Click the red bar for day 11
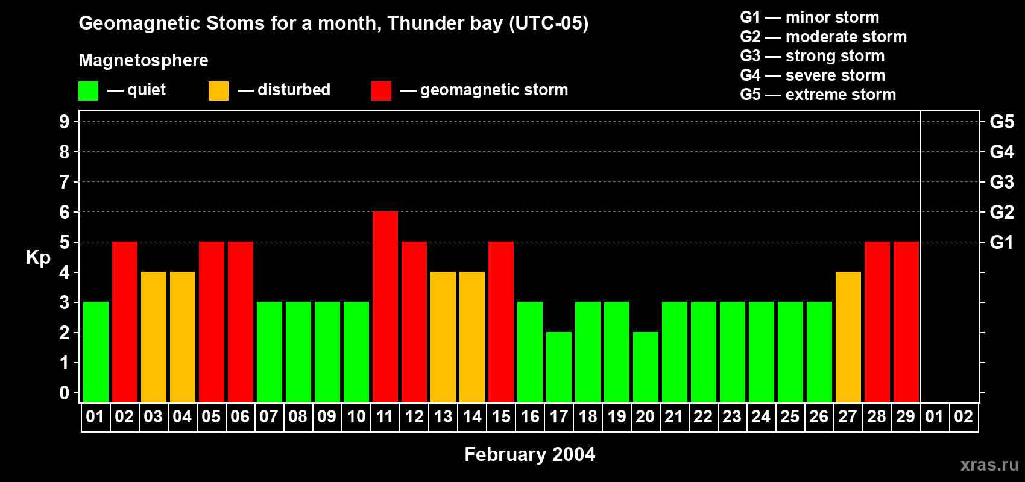385,307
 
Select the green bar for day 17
559,367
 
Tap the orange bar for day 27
848,337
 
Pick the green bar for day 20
646,367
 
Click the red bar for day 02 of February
125,322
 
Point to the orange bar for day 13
443,337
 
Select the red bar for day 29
906,322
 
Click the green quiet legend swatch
88,91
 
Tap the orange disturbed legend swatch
218,91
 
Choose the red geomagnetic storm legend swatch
381,91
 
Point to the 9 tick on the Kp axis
65,122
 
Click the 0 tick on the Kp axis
65,393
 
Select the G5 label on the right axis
1001,122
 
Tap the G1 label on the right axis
1001,242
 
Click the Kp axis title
38,258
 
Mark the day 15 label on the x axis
501,416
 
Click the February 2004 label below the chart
529,454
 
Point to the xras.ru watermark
989,465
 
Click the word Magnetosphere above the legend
143,60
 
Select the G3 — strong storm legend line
812,56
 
